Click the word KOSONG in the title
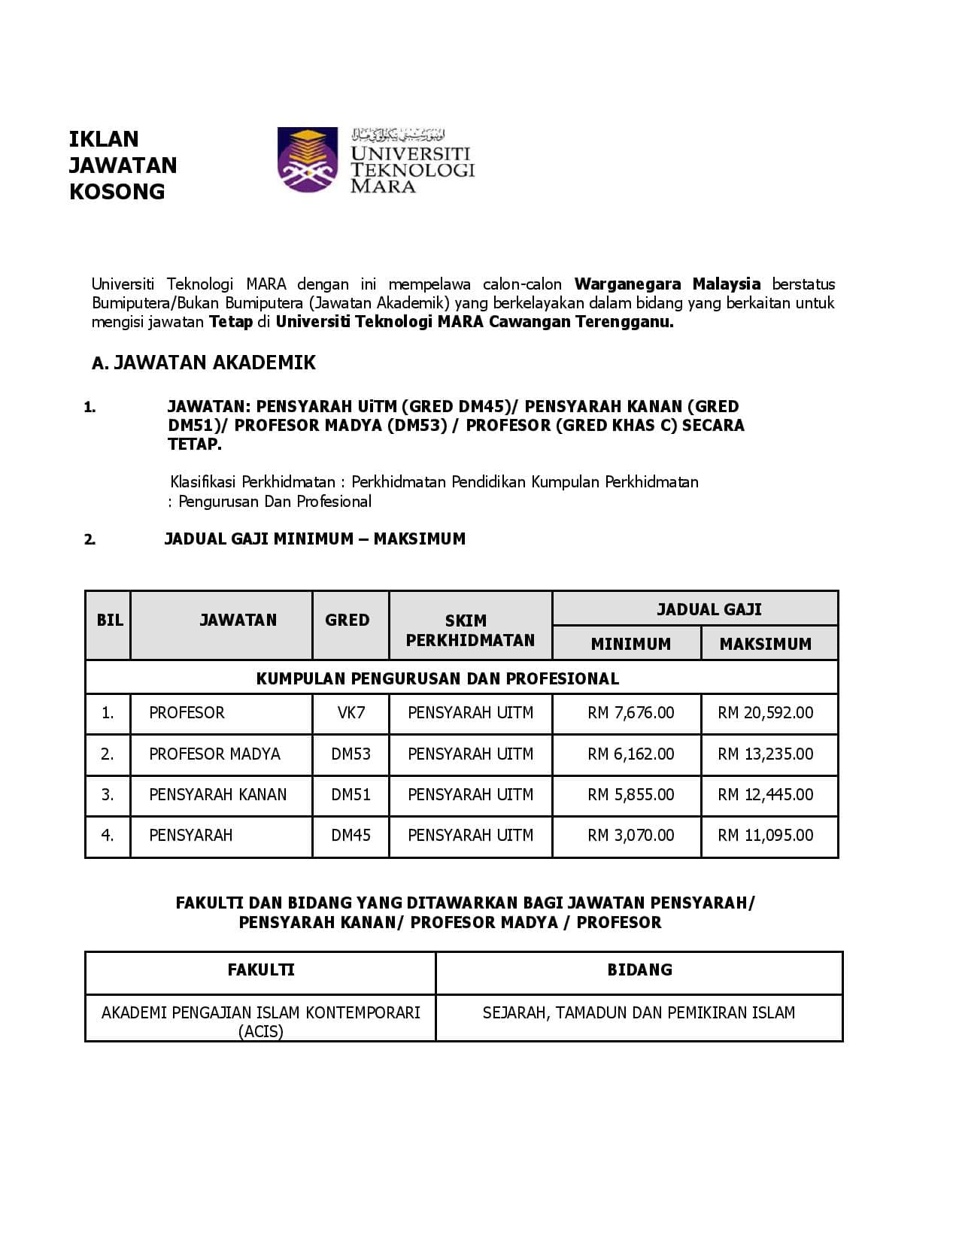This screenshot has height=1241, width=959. [117, 192]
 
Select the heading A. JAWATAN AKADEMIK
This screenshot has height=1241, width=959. [203, 363]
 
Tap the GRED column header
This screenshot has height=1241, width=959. [347, 620]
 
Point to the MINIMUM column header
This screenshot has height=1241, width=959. [630, 644]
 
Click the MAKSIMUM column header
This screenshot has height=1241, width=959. [766, 644]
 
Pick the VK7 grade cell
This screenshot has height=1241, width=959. [351, 713]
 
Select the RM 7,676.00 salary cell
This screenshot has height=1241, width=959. [630, 713]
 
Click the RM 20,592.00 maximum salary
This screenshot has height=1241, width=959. [766, 713]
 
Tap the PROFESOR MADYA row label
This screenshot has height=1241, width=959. [214, 754]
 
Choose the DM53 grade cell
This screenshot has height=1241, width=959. [351, 754]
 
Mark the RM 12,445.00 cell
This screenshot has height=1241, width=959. [766, 795]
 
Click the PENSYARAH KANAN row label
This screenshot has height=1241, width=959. [217, 795]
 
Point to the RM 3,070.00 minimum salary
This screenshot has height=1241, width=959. [630, 836]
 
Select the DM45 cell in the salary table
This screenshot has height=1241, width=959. [351, 836]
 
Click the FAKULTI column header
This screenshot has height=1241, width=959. [261, 970]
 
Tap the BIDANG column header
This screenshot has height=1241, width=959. [639, 970]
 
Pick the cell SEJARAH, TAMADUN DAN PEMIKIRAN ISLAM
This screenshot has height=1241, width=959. [639, 1013]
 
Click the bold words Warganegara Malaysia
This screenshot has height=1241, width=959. [667, 284]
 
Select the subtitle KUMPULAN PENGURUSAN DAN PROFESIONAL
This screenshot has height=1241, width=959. [438, 678]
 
